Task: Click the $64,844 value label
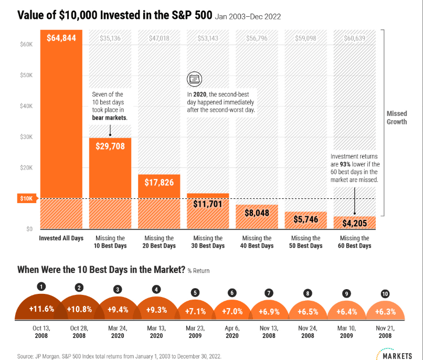[x=61, y=38]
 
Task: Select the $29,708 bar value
[x=110, y=146]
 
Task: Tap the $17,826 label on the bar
[x=159, y=183]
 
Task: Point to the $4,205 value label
[x=354, y=223]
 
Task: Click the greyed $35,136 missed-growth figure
[x=110, y=38]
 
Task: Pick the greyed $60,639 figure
[x=354, y=38]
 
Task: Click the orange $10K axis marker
[x=27, y=198]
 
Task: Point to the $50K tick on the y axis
[x=26, y=75]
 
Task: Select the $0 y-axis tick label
[x=29, y=229]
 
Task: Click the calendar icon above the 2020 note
[x=194, y=79]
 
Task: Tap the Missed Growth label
[x=397, y=118]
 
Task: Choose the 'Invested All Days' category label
[x=61, y=238]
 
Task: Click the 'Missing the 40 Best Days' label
[x=257, y=242]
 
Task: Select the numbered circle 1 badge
[x=41, y=287]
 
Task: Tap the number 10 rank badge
[x=385, y=294]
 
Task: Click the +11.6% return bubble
[x=41, y=309]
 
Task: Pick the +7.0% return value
[x=232, y=312]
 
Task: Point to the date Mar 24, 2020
[x=118, y=332]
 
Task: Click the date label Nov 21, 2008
[x=385, y=332]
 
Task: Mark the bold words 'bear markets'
[x=110, y=118]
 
